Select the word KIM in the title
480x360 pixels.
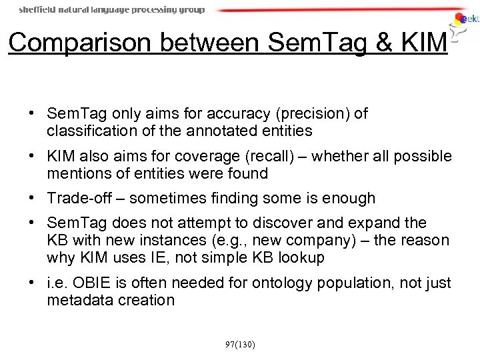click(423, 42)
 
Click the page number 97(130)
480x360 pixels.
click(240, 345)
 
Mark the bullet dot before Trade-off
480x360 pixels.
click(32, 199)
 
